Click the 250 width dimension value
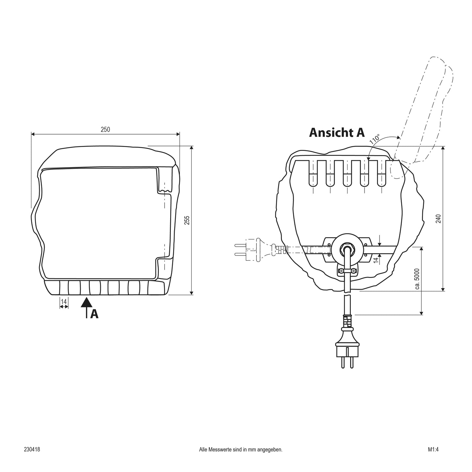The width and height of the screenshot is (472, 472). pos(105,129)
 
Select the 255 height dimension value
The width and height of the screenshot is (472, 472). pos(187,220)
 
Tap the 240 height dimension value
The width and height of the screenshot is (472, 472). pos(438,219)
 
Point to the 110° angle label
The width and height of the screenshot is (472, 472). pos(375,139)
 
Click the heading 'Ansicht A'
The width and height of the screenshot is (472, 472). pos(337,133)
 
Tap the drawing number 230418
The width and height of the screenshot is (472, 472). pos(32,456)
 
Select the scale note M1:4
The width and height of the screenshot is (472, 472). pos(433,456)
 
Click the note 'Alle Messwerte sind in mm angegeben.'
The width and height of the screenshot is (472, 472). pos(241,457)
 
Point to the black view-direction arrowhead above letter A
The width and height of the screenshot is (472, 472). pos(87,302)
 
